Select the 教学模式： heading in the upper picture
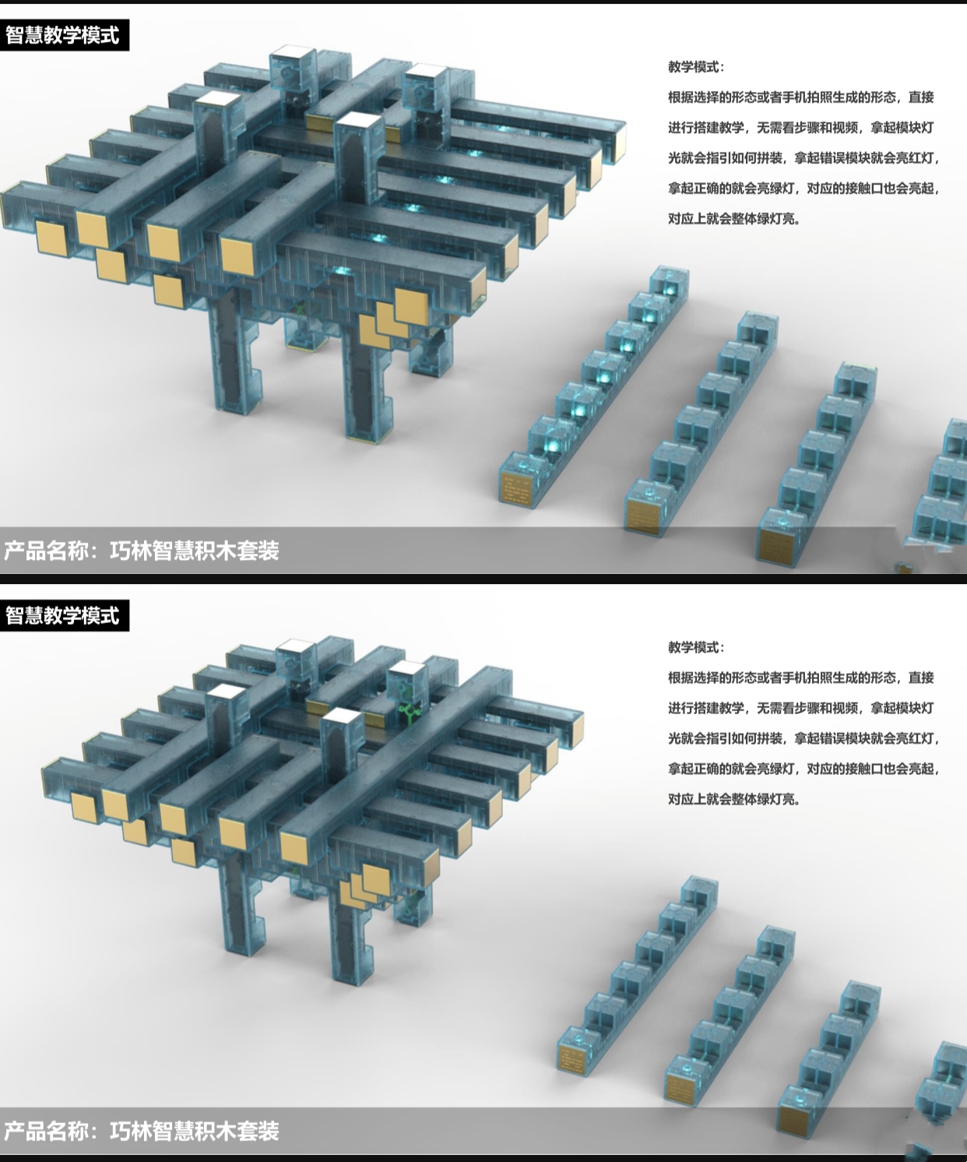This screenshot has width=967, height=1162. point(695,67)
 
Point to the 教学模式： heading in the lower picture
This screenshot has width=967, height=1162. point(695,647)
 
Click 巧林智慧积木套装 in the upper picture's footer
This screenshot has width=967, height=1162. point(194,551)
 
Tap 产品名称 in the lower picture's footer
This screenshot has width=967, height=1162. point(46,1132)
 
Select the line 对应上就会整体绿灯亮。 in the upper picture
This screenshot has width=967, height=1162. point(734,219)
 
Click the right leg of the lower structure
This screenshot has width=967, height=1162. point(347,931)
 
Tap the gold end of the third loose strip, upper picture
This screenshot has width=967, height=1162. point(775,542)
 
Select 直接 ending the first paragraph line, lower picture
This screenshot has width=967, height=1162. point(921,678)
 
